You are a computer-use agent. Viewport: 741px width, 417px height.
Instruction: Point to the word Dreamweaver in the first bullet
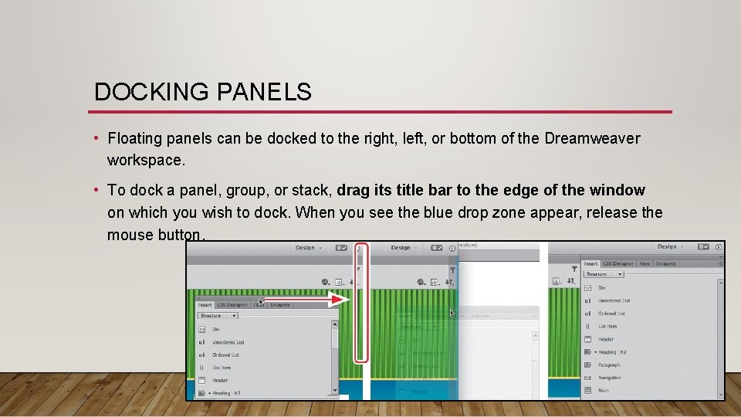click(592, 139)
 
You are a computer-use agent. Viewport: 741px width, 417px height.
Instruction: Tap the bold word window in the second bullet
click(617, 190)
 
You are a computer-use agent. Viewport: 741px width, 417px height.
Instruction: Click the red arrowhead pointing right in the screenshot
click(339, 300)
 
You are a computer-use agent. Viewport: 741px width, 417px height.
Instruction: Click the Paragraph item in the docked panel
click(608, 365)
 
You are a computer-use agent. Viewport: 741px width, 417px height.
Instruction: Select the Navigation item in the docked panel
click(610, 378)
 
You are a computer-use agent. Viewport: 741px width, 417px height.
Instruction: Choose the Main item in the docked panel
click(604, 391)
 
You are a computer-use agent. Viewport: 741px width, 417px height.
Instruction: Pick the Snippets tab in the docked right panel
click(665, 263)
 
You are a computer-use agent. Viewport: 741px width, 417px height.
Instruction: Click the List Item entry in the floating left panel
click(221, 368)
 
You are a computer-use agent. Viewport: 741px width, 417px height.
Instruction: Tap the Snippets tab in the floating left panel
click(279, 305)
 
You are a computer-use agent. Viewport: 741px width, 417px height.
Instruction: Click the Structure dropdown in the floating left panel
click(218, 316)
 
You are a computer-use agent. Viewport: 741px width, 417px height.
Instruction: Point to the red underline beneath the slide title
click(382, 112)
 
